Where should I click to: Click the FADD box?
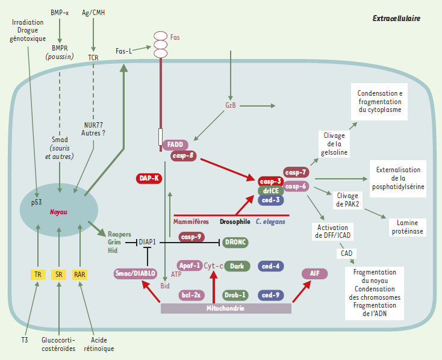pos(175,144)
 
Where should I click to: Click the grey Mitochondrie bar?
pos(226,308)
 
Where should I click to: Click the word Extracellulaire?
pos(396,19)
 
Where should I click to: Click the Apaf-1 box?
pos(188,265)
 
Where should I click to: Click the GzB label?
pos(231,106)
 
